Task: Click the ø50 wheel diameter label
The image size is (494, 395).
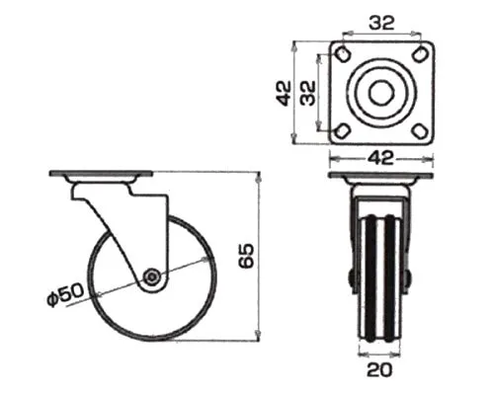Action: click(65, 295)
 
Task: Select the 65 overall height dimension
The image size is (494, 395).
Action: click(246, 256)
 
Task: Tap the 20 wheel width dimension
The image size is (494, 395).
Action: click(379, 369)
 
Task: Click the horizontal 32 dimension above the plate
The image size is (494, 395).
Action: click(381, 23)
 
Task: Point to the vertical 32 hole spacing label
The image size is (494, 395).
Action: click(308, 93)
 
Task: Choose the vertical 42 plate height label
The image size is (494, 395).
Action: click(284, 93)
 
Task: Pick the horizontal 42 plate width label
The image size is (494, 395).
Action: click(380, 159)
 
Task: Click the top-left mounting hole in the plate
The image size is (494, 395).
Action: click(343, 54)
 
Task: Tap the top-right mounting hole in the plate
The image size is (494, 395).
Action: click(420, 54)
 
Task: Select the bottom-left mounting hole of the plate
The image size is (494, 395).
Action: click(342, 131)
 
